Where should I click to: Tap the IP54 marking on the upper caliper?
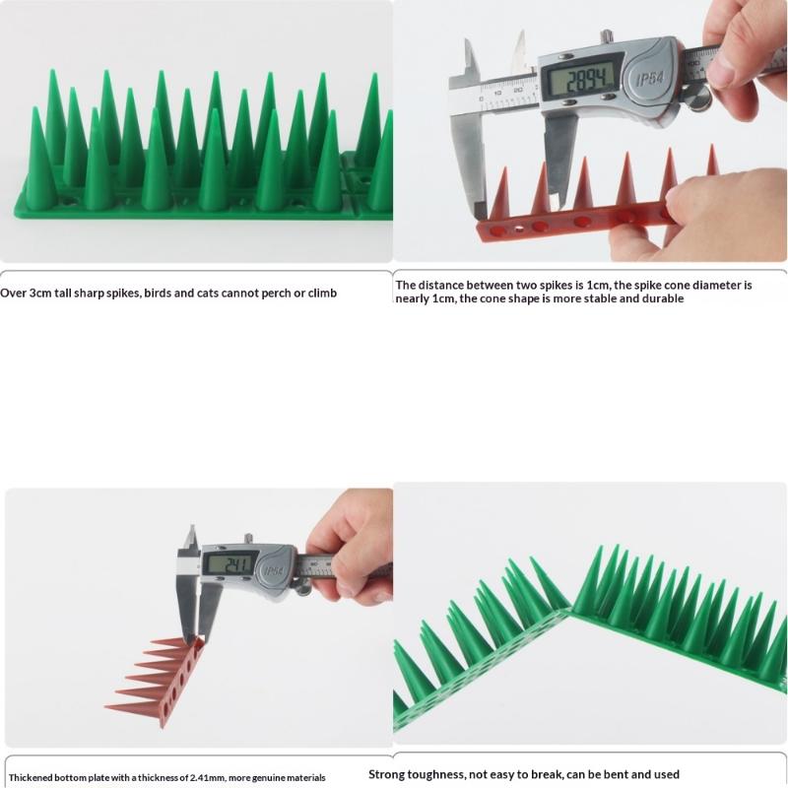pos(650,79)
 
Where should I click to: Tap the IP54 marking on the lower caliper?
pos(274,571)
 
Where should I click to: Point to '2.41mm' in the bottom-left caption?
pos(207,777)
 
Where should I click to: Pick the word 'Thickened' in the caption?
pos(31,777)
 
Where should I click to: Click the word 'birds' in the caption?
pos(158,293)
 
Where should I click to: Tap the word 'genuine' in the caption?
pos(271,778)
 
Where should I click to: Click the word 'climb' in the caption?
pos(322,293)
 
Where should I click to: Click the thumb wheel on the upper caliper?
pos(698,99)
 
